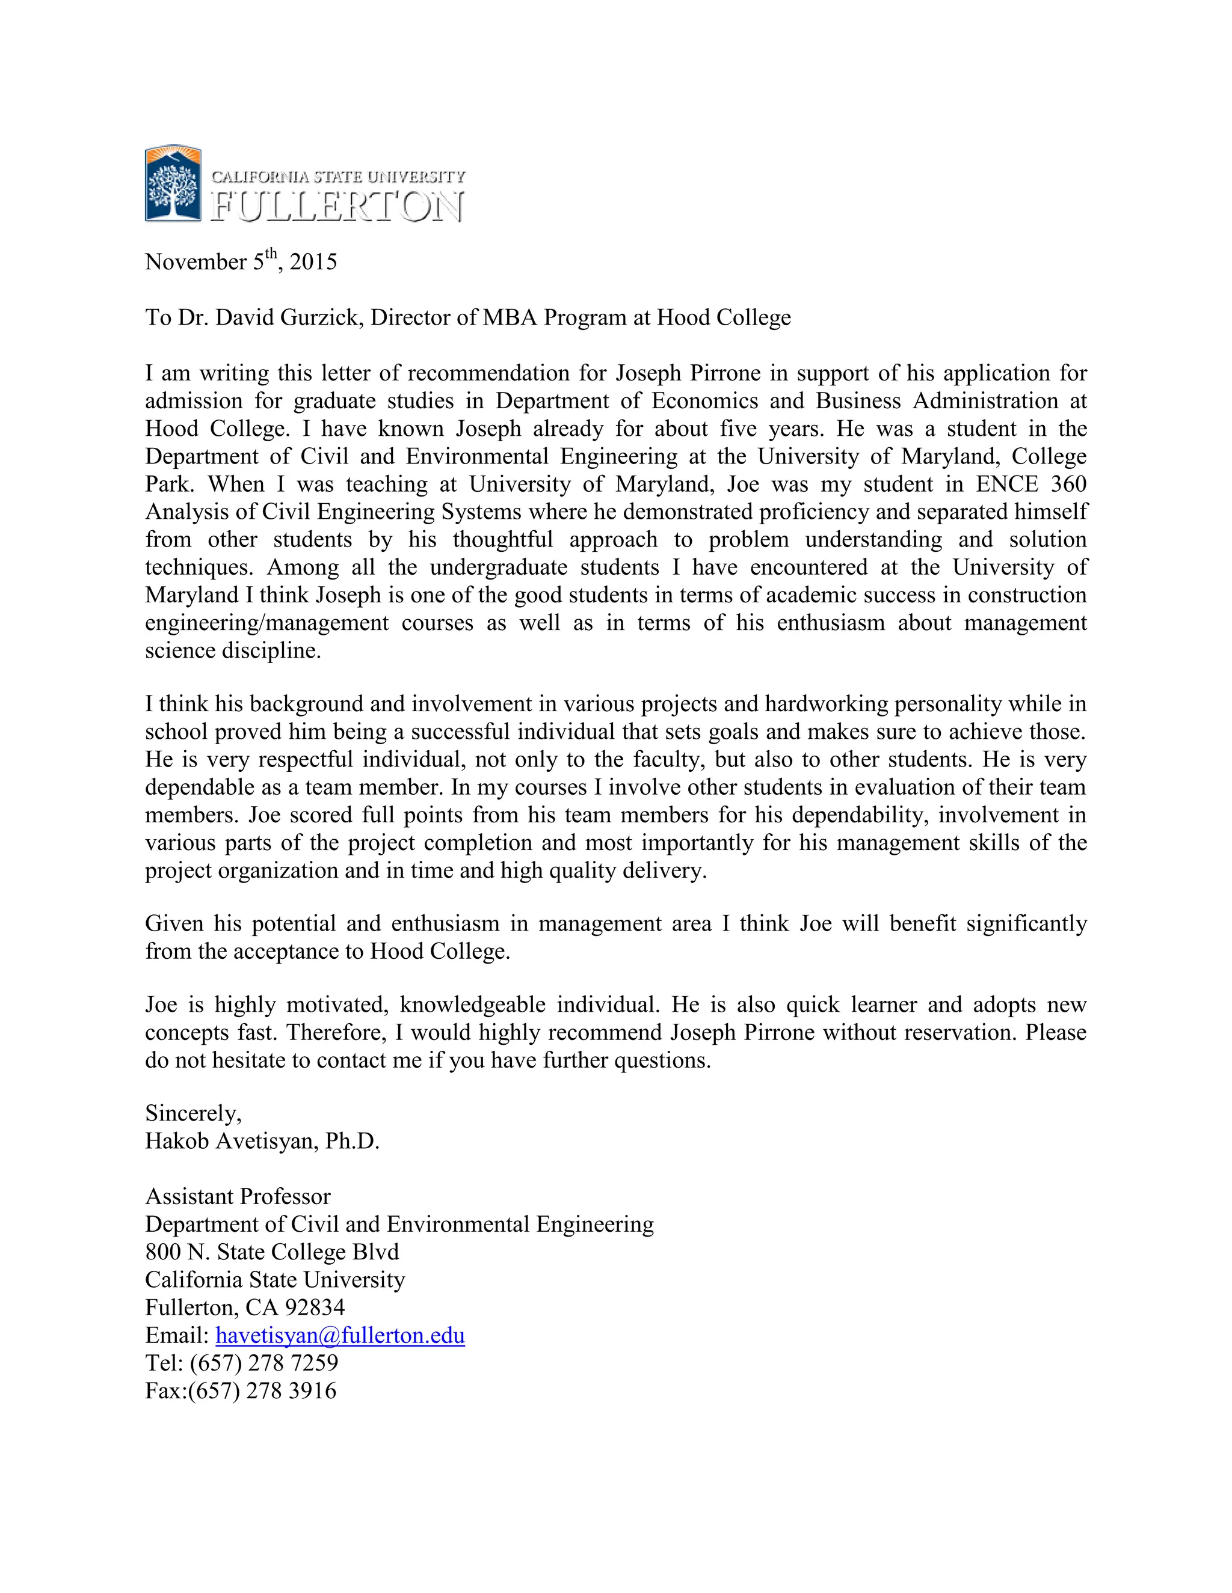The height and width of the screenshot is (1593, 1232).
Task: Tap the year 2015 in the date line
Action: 313,262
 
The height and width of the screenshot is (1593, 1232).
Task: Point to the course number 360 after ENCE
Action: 1068,485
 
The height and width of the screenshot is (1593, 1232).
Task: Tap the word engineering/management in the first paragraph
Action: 266,623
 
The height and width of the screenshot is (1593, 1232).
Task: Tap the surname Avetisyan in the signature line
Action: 266,1142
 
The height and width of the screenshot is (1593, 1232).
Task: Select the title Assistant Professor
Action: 238,1197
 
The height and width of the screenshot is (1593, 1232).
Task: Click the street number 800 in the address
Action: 163,1252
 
